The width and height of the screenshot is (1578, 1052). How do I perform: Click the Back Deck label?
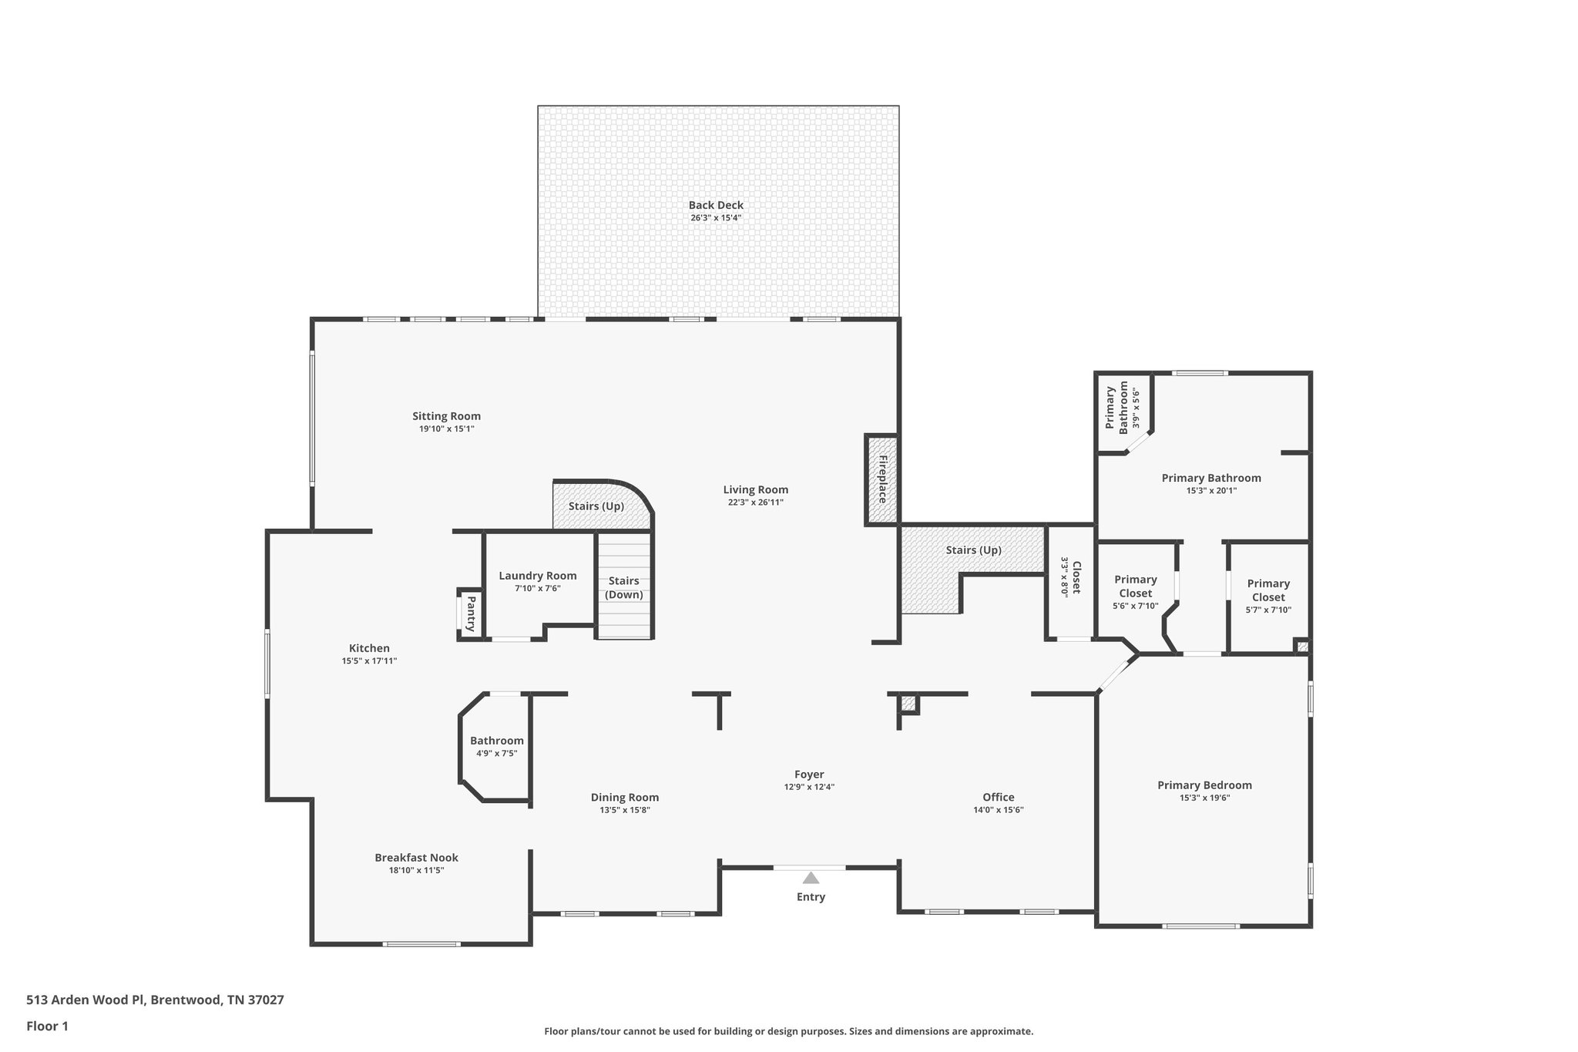pos(716,205)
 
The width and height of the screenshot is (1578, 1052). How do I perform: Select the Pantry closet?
pos(470,614)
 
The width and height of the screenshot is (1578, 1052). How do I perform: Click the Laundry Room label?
pos(537,576)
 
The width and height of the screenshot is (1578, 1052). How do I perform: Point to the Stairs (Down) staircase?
pos(625,587)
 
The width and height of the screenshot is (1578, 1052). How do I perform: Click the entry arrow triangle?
pos(811,878)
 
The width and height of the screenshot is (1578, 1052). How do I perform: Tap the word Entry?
pos(811,897)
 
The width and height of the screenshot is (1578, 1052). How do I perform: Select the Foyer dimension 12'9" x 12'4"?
pos(809,787)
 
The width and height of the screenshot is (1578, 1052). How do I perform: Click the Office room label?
pos(998,797)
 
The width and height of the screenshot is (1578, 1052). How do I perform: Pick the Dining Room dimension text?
pos(625,810)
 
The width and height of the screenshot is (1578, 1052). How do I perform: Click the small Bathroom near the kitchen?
pos(496,746)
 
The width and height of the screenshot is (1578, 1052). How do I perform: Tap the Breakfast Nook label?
pos(416,857)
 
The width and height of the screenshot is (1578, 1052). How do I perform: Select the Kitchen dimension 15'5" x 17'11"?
pos(369,660)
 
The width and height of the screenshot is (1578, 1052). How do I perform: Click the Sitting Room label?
pos(446,416)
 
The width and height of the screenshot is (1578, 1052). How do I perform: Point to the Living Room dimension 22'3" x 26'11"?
pos(755,502)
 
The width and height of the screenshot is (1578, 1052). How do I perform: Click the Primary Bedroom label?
pos(1204,785)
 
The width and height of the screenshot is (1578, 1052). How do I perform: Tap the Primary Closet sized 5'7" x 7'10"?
pos(1268,597)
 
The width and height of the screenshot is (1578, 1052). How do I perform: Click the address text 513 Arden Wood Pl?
pos(155,1000)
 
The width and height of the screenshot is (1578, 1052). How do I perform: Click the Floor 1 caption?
pos(47,1026)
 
